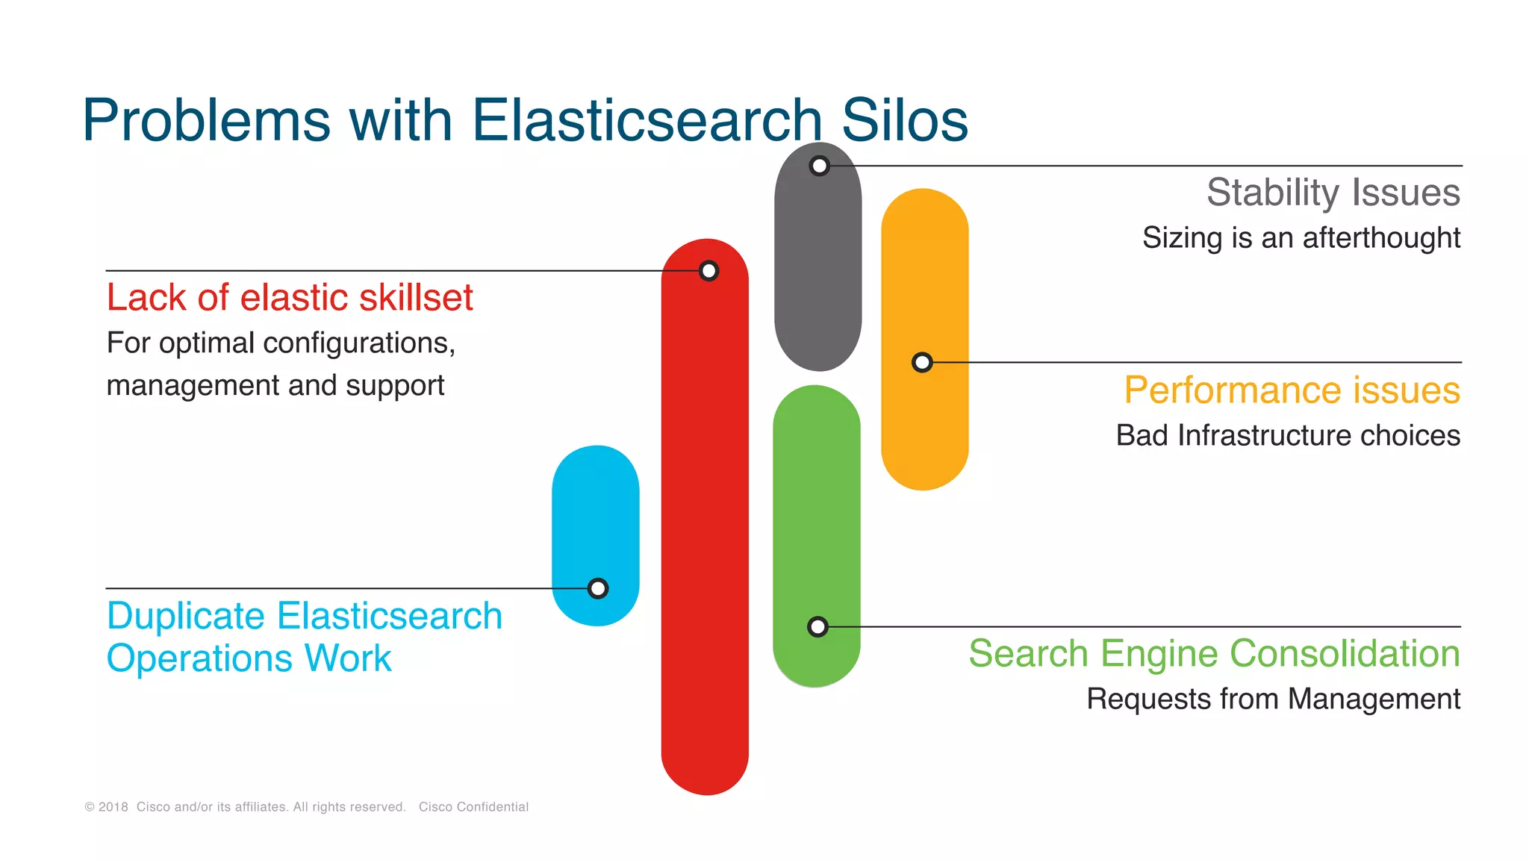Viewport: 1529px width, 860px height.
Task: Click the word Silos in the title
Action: click(x=904, y=121)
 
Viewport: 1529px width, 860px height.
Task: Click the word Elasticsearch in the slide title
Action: click(x=647, y=121)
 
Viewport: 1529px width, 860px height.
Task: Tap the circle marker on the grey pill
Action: click(x=819, y=166)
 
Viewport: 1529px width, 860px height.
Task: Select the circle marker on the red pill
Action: click(x=709, y=271)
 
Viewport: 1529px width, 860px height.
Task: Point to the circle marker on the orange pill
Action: click(x=922, y=363)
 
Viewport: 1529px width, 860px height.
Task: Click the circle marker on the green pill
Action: click(x=818, y=627)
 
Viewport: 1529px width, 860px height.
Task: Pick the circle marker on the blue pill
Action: click(x=597, y=589)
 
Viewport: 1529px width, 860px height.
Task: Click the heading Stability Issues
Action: click(x=1333, y=193)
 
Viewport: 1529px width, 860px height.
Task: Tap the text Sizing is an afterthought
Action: click(x=1301, y=238)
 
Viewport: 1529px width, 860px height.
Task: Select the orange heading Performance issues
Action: click(x=1292, y=390)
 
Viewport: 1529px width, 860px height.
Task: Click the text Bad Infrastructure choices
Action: click(x=1287, y=436)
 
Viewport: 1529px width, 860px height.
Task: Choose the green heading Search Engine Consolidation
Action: click(x=1214, y=654)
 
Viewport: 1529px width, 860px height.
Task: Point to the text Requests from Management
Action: click(x=1273, y=699)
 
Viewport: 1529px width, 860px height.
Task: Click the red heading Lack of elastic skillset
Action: click(x=290, y=298)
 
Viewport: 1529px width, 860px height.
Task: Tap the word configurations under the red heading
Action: click(x=359, y=343)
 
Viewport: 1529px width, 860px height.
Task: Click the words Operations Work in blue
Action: click(x=249, y=659)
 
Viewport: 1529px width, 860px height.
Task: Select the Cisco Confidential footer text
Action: click(x=473, y=807)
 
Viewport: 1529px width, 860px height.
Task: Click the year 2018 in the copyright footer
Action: click(x=113, y=807)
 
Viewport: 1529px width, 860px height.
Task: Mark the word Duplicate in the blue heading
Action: click(x=186, y=617)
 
